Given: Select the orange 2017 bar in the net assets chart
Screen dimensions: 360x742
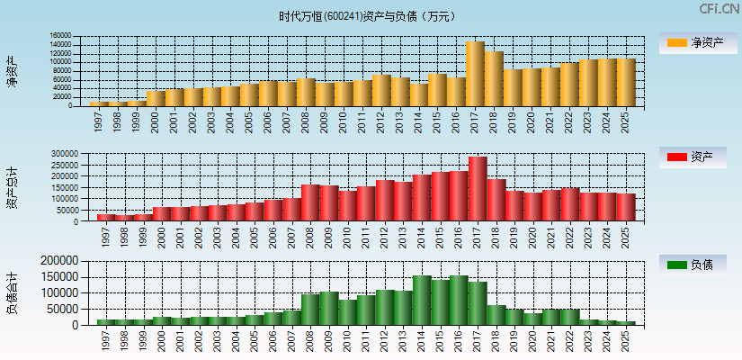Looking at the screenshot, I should [x=475, y=74].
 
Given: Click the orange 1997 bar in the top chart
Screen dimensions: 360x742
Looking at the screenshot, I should [x=98, y=103].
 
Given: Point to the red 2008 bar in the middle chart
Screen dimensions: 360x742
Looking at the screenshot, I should [x=311, y=202].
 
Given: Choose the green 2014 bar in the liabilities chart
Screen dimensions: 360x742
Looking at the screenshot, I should [x=423, y=300].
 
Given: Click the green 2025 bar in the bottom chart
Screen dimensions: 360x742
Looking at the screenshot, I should [x=625, y=322].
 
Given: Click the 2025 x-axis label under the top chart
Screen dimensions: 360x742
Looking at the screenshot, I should [x=626, y=121].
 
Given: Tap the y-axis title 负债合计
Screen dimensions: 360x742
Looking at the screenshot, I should [x=13, y=292].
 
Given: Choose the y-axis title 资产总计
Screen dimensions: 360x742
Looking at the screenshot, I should [x=13, y=187].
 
